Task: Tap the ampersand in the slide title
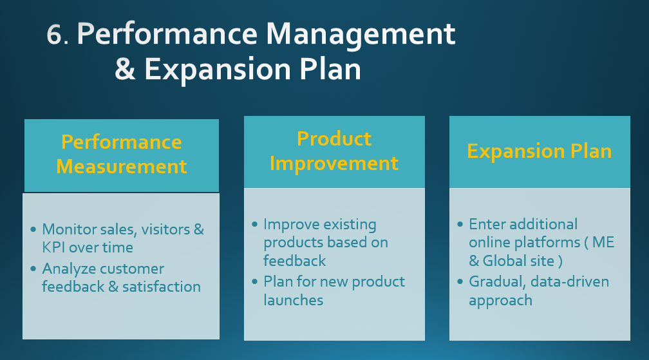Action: (125, 69)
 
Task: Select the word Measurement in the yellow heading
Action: (121, 166)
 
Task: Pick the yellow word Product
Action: (334, 138)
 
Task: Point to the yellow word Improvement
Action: (334, 164)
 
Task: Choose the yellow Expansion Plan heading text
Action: (540, 151)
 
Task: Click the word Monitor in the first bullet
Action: (70, 229)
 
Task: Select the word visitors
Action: (165, 229)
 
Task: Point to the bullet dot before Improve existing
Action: (254, 225)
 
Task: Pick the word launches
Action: (294, 300)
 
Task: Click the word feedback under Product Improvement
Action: (295, 261)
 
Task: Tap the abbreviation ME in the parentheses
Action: (603, 242)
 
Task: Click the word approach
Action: (500, 301)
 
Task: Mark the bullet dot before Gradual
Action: (460, 282)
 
